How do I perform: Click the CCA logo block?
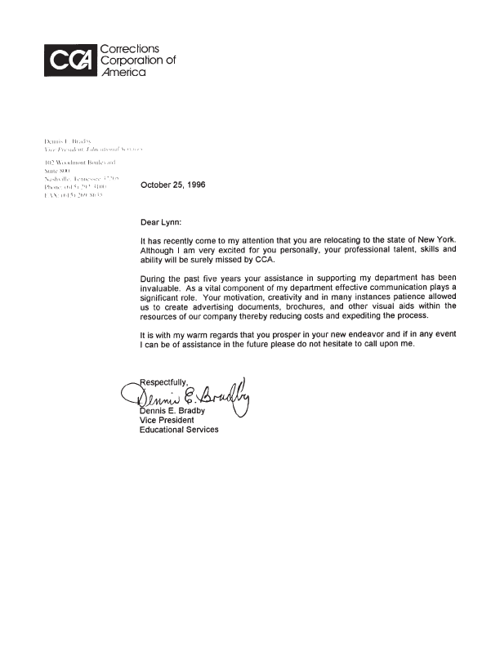(x=70, y=60)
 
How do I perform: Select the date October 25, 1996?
(x=172, y=185)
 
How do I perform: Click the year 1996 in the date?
(x=194, y=185)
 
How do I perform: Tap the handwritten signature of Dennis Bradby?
(x=192, y=398)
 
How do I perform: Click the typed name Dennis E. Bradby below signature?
(x=175, y=411)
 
